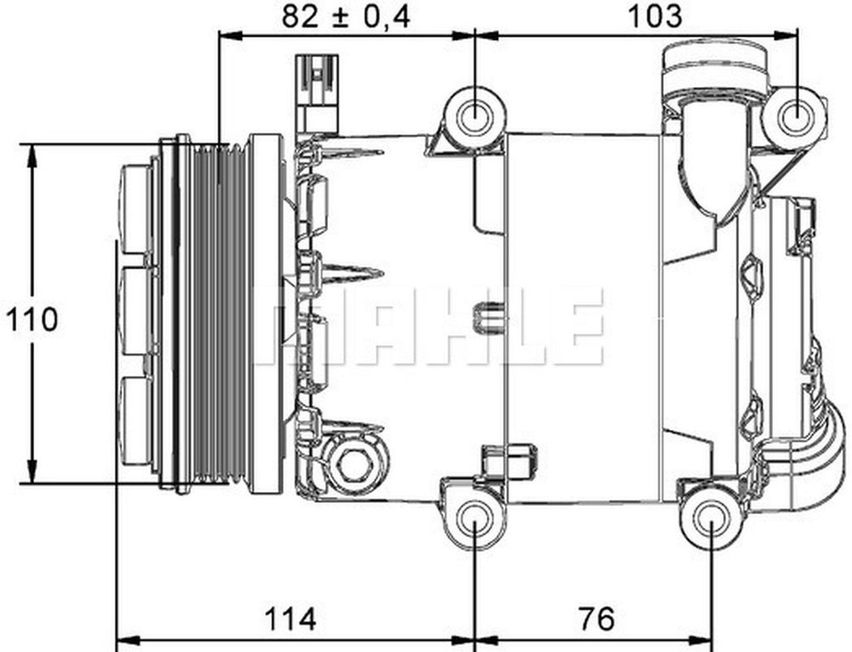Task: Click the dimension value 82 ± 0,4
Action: coord(345,16)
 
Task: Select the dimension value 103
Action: coord(655,16)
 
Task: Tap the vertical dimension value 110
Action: coord(32,320)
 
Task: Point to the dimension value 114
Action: coord(290,619)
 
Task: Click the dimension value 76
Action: coord(596,619)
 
